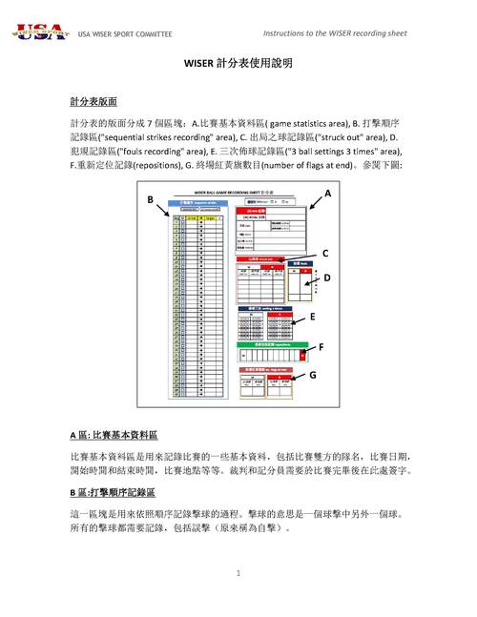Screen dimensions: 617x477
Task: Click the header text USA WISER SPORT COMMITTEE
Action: tap(124, 34)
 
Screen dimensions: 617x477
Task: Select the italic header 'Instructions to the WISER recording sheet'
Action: tap(334, 33)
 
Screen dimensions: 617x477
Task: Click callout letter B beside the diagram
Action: tap(150, 199)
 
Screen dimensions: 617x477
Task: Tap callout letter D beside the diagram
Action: tap(325, 278)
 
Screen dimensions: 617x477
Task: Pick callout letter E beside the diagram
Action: tap(311, 316)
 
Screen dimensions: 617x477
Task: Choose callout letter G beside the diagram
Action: tap(312, 375)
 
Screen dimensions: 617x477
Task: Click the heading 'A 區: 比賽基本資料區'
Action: tap(114, 434)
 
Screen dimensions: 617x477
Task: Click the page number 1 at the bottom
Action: tap(238, 573)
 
